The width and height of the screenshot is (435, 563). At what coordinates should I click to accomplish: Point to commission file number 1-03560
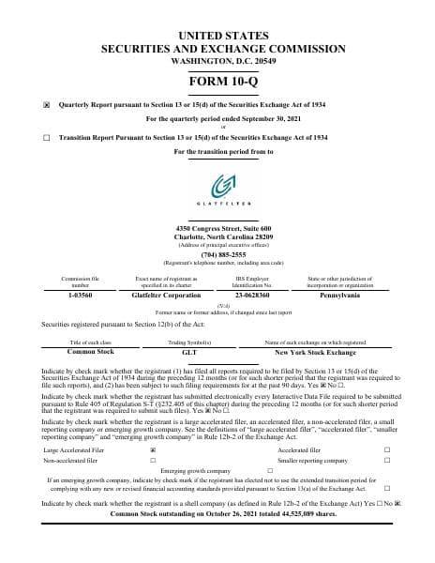74,294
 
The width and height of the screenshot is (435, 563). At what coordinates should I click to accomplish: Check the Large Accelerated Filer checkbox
153,450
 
